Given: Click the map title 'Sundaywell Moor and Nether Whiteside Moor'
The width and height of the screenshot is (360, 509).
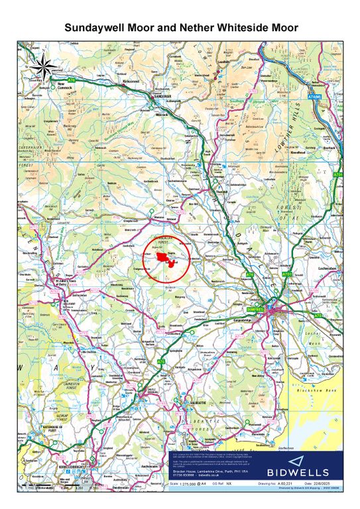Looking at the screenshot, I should pyautogui.click(x=180, y=27).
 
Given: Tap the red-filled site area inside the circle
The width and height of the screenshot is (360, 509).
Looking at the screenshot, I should pyautogui.click(x=166, y=258).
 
